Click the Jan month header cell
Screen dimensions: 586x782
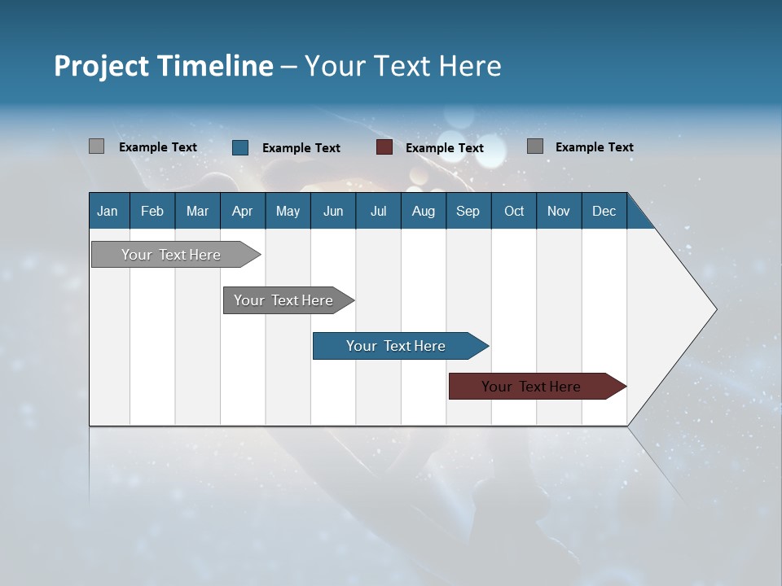point(108,211)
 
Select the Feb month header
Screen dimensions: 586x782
point(152,211)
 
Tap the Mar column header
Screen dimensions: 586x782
point(197,211)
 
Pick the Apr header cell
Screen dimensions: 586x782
point(243,211)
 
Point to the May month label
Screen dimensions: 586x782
point(288,211)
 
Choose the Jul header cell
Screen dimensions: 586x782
point(378,211)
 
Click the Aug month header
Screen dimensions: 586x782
point(424,211)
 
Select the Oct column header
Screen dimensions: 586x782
point(514,211)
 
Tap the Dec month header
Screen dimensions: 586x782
point(604,211)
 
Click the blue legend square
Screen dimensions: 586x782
point(240,147)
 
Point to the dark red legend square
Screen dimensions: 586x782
point(384,147)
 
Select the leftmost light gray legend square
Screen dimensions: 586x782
point(96,146)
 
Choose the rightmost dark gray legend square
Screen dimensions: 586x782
point(535,146)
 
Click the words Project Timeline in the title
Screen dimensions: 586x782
point(164,66)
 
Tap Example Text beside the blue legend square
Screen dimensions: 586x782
point(301,148)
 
